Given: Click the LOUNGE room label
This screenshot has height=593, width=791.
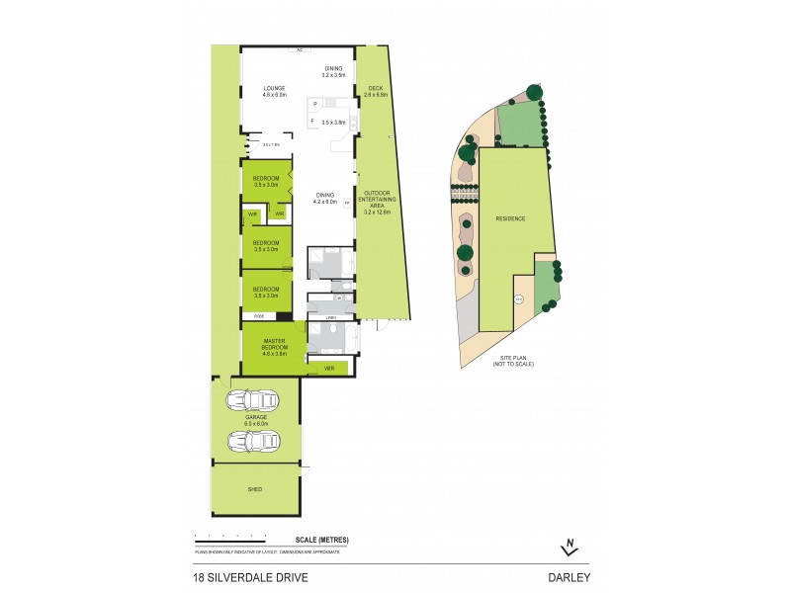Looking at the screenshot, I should pos(274,88).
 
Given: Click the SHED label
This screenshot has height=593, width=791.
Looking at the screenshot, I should pos(255,488).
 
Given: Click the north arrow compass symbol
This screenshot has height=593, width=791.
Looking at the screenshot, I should pos(569,547).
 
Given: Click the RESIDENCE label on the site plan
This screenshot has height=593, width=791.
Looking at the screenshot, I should pos(511,218).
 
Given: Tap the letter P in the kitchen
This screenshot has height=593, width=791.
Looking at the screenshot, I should pos(314,104).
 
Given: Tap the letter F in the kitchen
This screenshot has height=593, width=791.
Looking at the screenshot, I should pos(313,122).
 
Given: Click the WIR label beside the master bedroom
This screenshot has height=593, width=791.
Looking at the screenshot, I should pos(328,368).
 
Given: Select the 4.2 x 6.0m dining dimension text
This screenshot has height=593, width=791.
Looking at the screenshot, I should pos(326,202).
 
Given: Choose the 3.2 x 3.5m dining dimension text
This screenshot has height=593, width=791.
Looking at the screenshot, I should pos(332,75).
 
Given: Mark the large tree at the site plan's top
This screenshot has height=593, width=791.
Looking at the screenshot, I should pos(534,91).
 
